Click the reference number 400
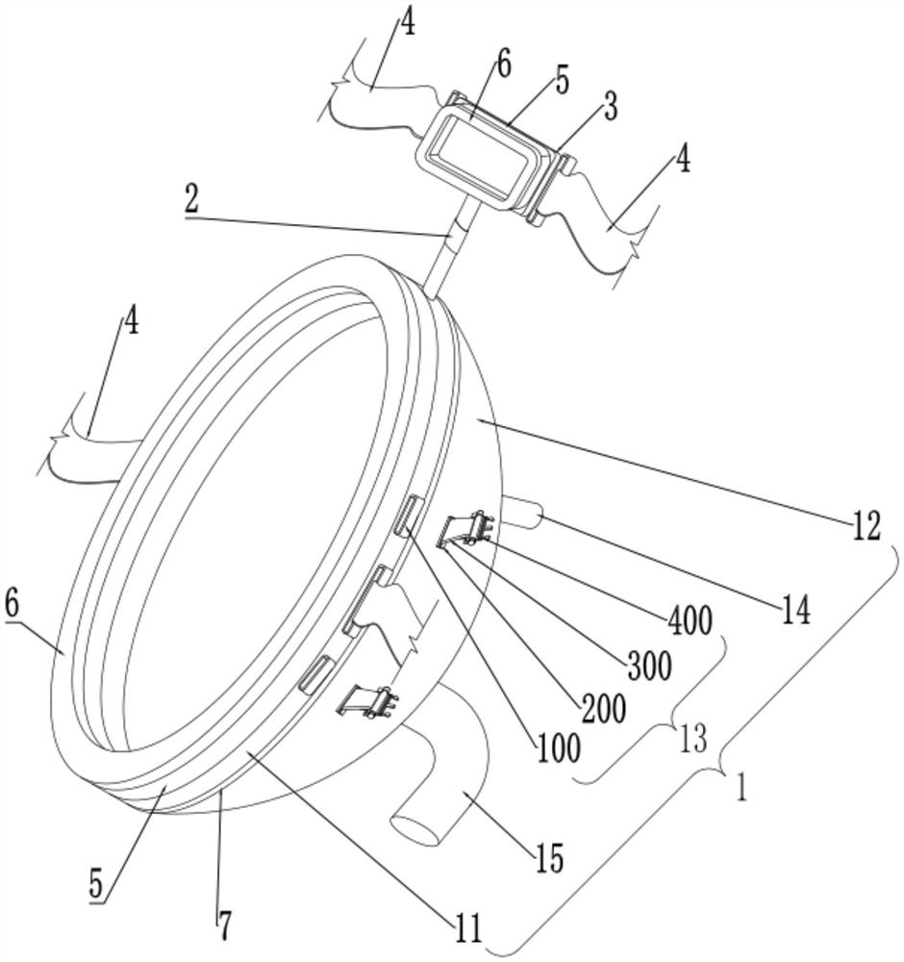(x=690, y=620)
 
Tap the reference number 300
(x=649, y=665)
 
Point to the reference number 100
(x=558, y=748)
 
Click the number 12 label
(x=866, y=526)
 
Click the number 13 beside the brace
(x=692, y=739)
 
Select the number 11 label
(x=467, y=928)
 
